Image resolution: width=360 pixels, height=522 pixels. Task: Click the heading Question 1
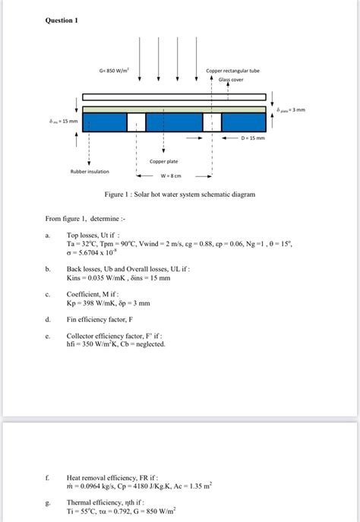(x=61, y=21)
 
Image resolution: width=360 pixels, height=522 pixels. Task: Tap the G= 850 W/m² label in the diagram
(x=113, y=71)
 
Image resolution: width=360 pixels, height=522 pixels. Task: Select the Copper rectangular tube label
(x=232, y=71)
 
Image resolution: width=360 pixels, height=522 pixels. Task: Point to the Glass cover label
(x=233, y=79)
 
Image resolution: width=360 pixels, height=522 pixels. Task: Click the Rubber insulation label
(x=90, y=171)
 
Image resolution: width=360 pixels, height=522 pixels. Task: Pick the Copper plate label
(x=163, y=161)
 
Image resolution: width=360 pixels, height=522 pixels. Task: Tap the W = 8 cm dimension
(x=171, y=176)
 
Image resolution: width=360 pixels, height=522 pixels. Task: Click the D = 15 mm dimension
(x=253, y=138)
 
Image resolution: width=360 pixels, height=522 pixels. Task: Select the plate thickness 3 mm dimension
(x=292, y=109)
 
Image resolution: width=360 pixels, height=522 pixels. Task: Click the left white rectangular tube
(x=136, y=122)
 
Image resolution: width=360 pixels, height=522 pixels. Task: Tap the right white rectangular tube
(x=212, y=122)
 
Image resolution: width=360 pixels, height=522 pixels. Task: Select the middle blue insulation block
(x=174, y=122)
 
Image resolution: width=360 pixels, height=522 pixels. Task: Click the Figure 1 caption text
(x=179, y=195)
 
